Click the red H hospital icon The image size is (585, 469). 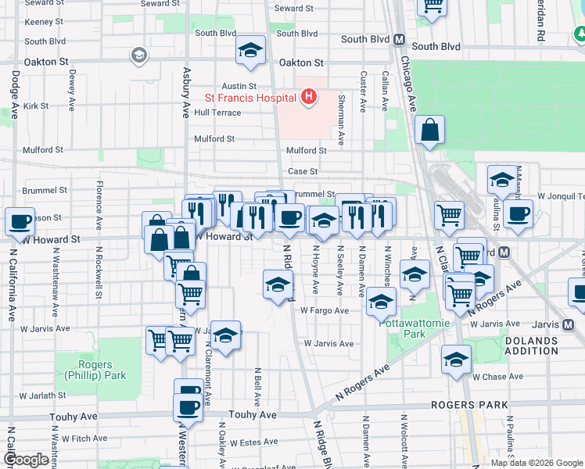tap(309, 98)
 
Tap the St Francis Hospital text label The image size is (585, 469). tap(250, 98)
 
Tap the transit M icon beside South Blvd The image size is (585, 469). tap(399, 39)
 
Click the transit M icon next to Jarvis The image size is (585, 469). tap(569, 324)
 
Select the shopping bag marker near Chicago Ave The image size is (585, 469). tap(430, 131)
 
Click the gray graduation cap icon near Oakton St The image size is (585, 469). tap(139, 55)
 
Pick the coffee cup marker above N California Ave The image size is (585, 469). tap(20, 221)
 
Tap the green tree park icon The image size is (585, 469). tap(582, 34)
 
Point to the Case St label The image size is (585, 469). tap(303, 171)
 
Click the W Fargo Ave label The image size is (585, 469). tap(325, 310)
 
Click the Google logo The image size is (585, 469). tap(27, 460)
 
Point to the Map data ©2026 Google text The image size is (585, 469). tap(536, 463)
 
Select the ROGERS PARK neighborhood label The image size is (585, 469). tap(469, 406)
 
